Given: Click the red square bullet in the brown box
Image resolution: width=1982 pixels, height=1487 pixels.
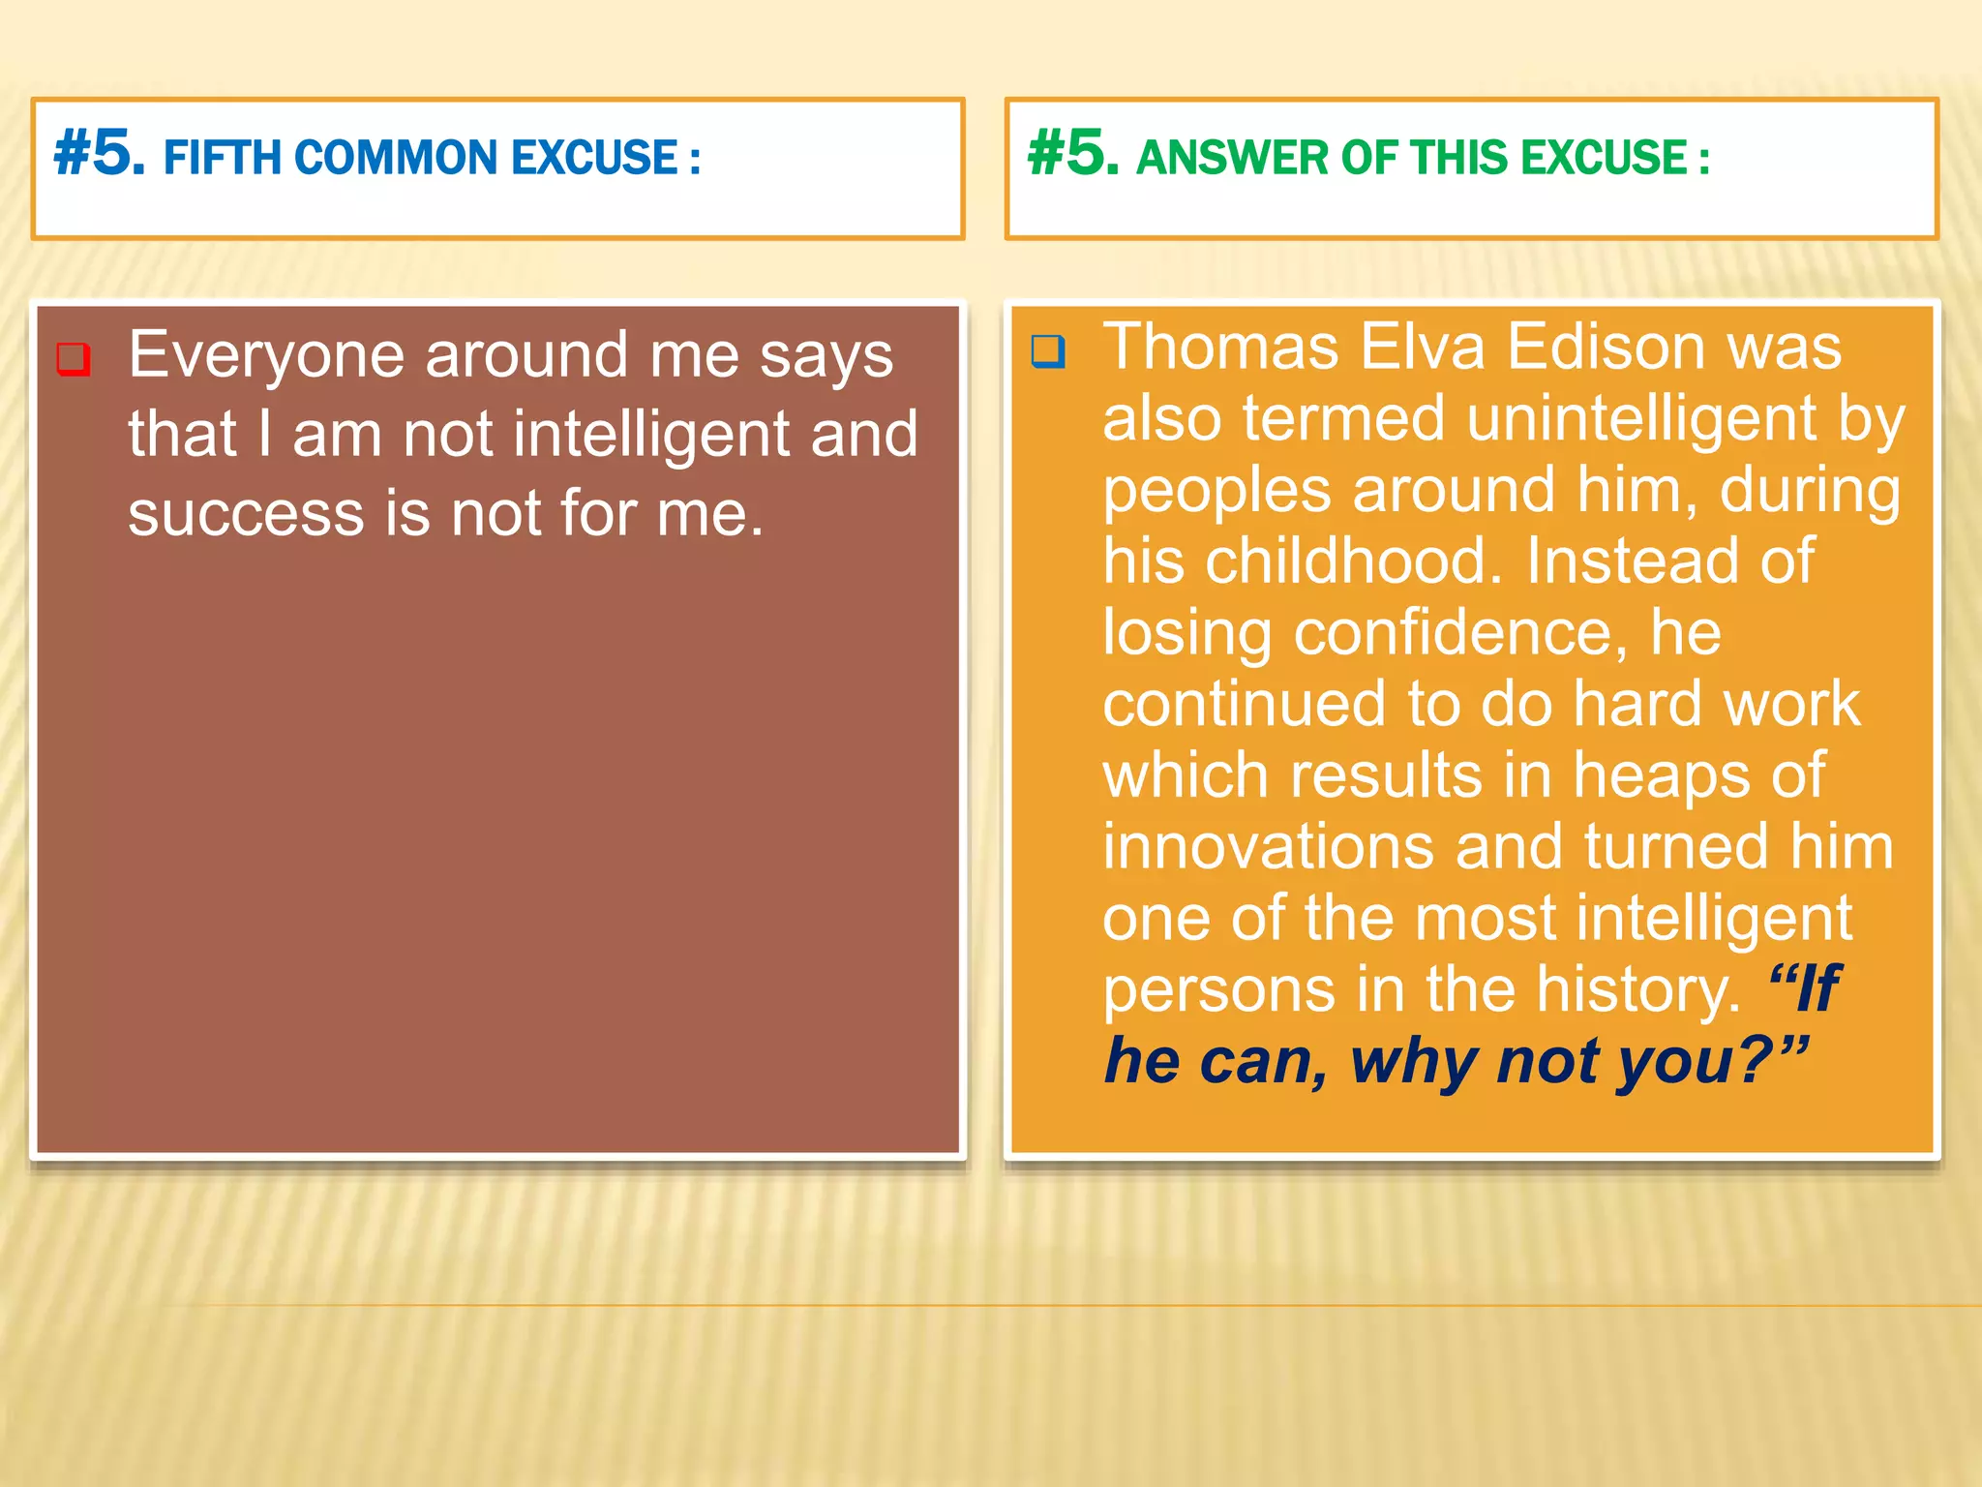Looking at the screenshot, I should [74, 358].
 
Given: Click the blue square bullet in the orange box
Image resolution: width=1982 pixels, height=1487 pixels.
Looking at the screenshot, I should [1048, 350].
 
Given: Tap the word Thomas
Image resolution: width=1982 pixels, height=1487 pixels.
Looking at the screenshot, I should [1220, 347].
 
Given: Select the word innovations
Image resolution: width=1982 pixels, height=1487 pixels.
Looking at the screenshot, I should [1269, 847].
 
